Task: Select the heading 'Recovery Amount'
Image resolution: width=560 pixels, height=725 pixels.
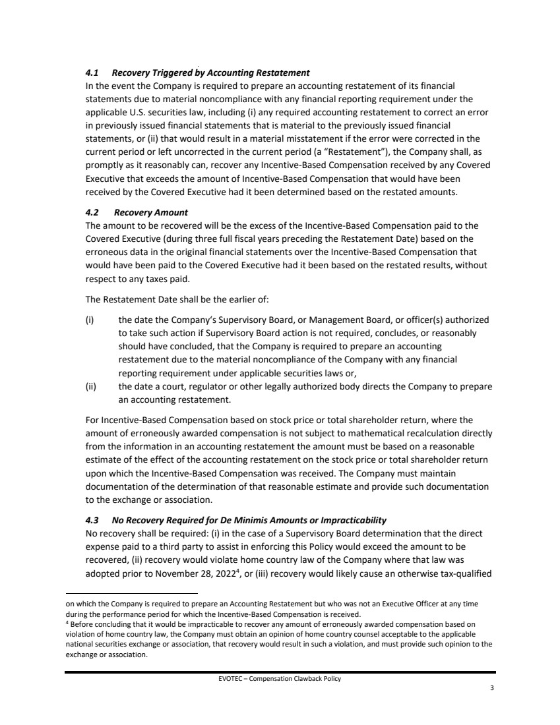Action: coord(151,212)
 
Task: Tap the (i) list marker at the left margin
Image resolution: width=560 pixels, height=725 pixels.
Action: coord(90,320)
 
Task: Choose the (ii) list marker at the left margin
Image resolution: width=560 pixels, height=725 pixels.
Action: coord(91,387)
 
